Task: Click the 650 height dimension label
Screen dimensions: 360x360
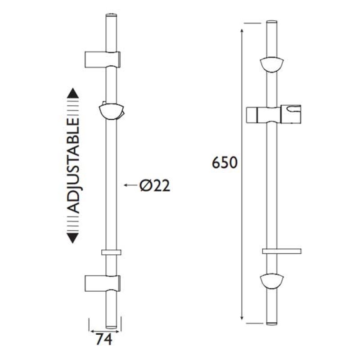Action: [224, 162]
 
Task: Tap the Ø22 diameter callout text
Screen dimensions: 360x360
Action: [155, 185]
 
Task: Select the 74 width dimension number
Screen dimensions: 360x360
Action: [104, 339]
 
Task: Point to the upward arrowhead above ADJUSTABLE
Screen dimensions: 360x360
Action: [73, 93]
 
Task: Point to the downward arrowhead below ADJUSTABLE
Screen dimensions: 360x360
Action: [73, 238]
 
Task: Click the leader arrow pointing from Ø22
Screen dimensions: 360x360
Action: [131, 185]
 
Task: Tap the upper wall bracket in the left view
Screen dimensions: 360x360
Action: [103, 59]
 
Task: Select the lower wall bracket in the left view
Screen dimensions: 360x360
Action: [103, 283]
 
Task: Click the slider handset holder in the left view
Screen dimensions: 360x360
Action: [111, 111]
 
